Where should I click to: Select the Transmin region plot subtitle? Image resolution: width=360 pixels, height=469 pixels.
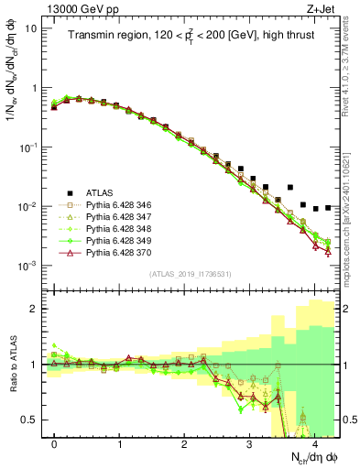point(193,36)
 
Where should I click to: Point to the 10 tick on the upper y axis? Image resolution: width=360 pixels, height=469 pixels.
point(31,28)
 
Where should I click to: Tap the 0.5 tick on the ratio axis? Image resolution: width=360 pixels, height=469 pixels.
point(30,420)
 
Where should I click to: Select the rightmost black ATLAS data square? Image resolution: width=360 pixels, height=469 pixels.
point(328,208)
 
